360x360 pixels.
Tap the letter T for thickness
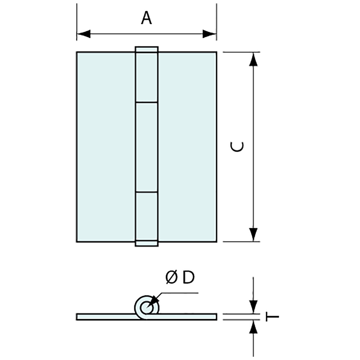click(x=272, y=317)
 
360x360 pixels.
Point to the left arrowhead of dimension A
click(x=84, y=34)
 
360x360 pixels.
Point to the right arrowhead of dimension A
click(x=209, y=34)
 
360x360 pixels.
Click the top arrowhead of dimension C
click(x=253, y=59)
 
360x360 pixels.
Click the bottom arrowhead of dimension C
click(x=253, y=234)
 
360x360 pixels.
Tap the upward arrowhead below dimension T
click(x=253, y=327)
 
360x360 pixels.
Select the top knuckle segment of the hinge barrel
click(x=147, y=77)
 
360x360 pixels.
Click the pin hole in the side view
click(x=146, y=308)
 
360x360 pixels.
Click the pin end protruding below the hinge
click(x=147, y=243)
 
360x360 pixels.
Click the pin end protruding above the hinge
click(x=147, y=49)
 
